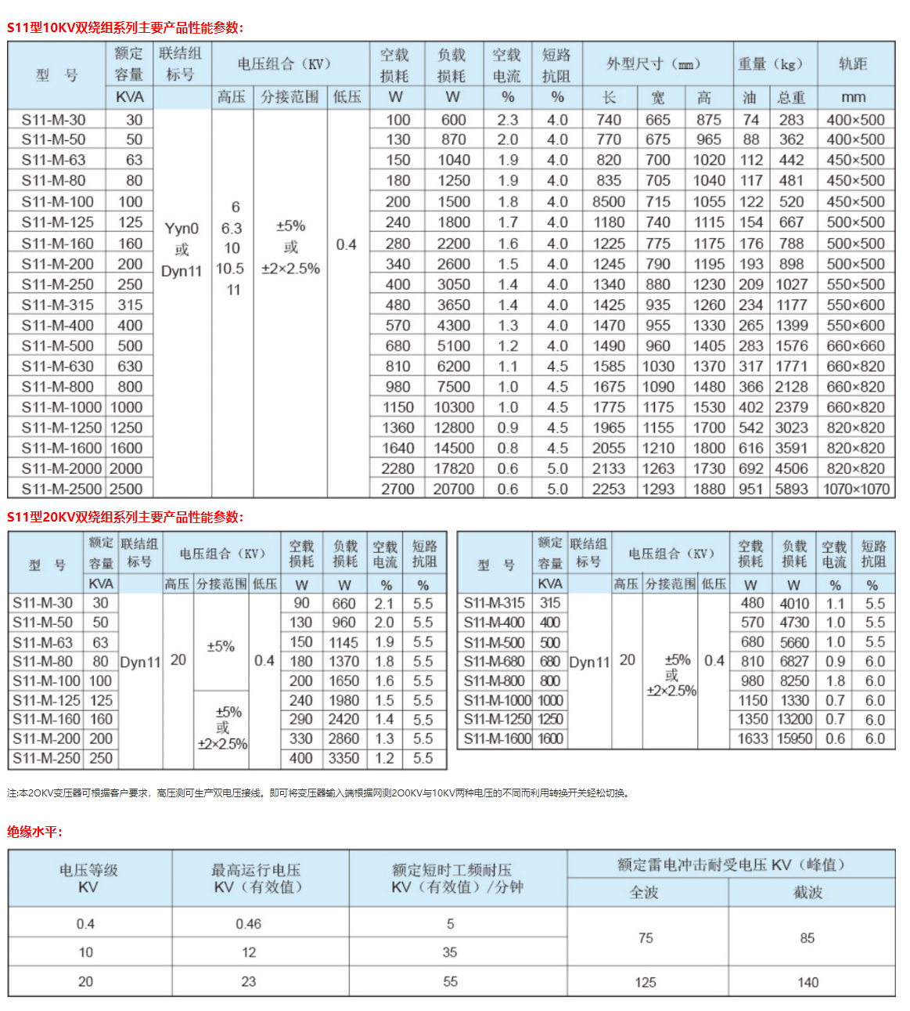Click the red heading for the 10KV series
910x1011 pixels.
pyautogui.click(x=125, y=27)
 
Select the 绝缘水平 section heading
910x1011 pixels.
pyautogui.click(x=34, y=832)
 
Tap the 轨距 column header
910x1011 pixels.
pyautogui.click(x=853, y=64)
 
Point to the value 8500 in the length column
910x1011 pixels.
pyautogui.click(x=609, y=201)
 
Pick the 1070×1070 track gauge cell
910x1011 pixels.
pyautogui.click(x=856, y=489)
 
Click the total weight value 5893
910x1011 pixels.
pyautogui.click(x=791, y=489)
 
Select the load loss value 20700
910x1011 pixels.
pyautogui.click(x=454, y=489)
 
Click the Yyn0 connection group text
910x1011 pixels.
pyautogui.click(x=182, y=229)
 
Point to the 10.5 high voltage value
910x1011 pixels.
pyautogui.click(x=231, y=269)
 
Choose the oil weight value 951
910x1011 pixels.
pyautogui.click(x=750, y=489)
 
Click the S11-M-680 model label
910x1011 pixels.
pyautogui.click(x=494, y=662)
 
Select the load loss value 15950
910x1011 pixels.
pyautogui.click(x=794, y=738)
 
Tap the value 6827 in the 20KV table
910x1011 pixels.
pyautogui.click(x=794, y=662)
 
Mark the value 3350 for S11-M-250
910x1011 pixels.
pyautogui.click(x=343, y=758)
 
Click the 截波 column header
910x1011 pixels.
pyautogui.click(x=807, y=892)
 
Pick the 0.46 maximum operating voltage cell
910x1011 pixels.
pyautogui.click(x=248, y=924)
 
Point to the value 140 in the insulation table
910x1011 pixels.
pyautogui.click(x=807, y=982)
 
